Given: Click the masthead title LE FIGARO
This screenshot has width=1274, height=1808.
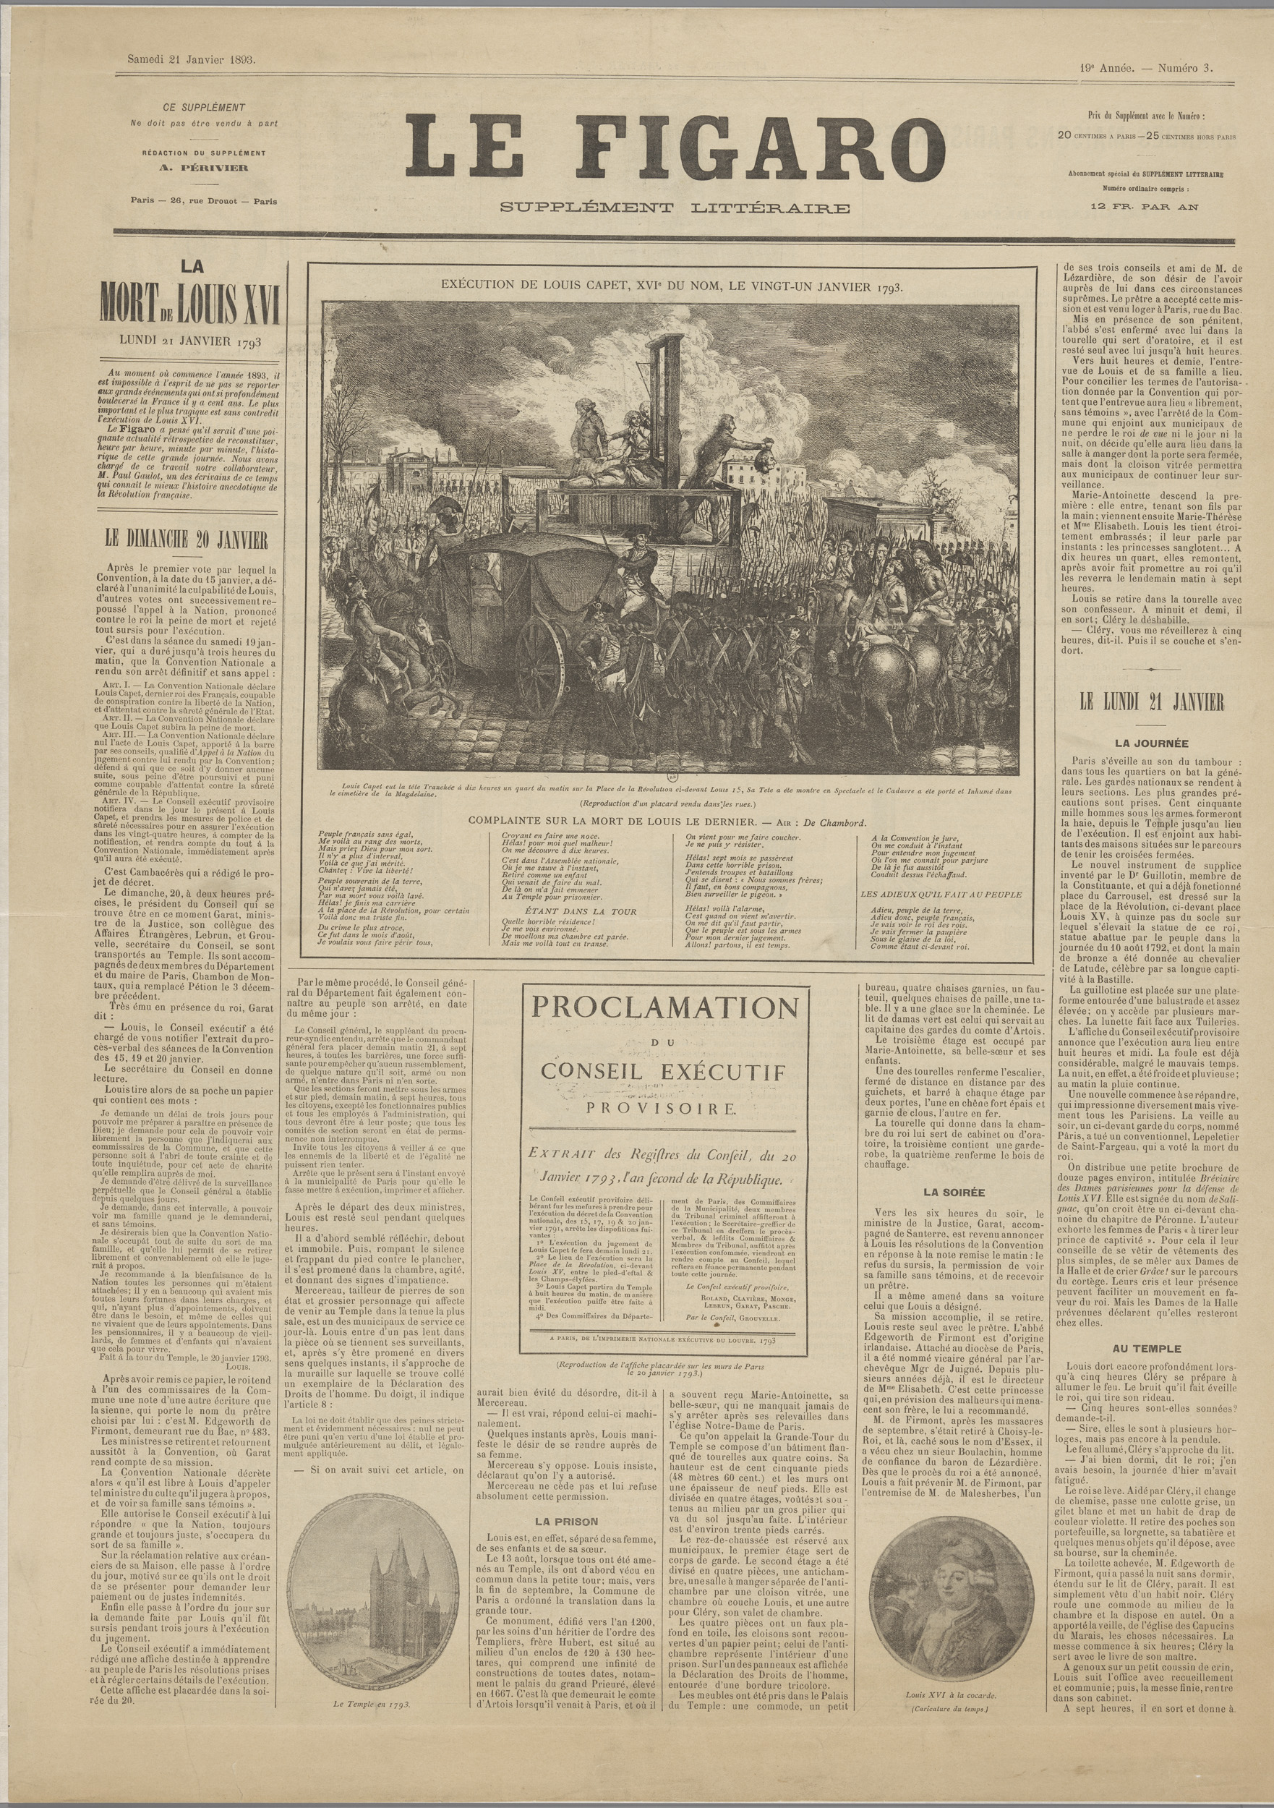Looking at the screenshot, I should point(675,147).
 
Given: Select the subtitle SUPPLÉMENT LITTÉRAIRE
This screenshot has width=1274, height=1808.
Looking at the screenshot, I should point(676,208).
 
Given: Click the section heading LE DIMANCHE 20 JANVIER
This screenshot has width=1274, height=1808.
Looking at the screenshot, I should point(187,540).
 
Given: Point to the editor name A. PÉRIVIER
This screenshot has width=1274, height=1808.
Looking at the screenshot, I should point(204,168).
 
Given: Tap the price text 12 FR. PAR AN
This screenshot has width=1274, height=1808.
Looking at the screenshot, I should point(1143,207).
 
